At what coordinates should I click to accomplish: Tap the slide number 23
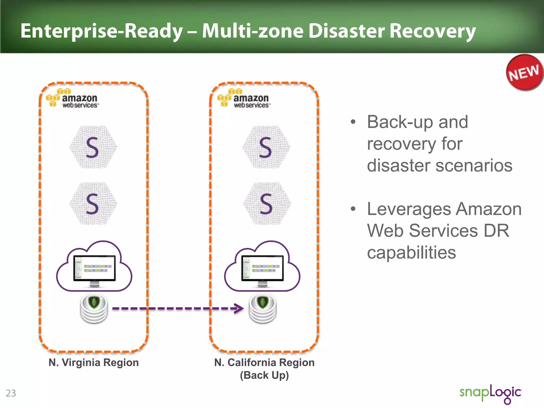click(11, 393)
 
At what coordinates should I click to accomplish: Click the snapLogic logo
click(491, 393)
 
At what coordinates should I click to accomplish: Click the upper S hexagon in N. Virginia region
click(93, 147)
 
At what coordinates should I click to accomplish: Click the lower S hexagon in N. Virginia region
click(93, 204)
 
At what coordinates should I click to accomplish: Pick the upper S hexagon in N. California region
click(266, 147)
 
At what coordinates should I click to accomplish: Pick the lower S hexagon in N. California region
click(267, 204)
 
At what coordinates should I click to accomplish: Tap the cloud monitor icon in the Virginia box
click(94, 267)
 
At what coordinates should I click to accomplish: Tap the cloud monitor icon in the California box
click(262, 267)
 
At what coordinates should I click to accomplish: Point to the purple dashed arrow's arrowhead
click(239, 308)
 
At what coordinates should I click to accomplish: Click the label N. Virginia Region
click(93, 363)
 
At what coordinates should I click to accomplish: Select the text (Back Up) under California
click(264, 375)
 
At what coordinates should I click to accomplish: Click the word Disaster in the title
click(346, 31)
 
